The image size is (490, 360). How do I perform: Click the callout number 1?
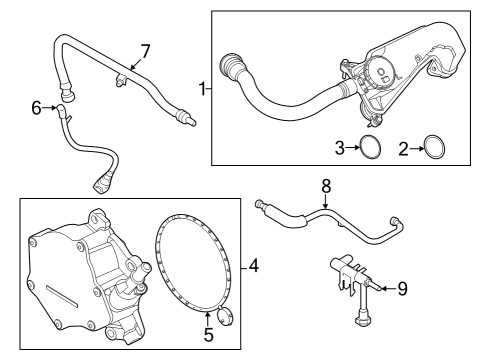pos(202,89)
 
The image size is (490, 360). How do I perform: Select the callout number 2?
pos(403,149)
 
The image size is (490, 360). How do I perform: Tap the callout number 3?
pos(340,148)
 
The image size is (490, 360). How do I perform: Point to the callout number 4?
pos(254,266)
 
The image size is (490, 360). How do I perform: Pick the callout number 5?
pos(208,335)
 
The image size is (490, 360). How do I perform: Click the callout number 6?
pos(36,108)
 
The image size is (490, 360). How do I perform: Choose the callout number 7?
pos(145,51)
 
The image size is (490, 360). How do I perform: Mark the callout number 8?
pos(326,186)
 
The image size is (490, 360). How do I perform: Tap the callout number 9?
pos(403,289)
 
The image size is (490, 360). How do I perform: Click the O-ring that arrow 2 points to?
pos(425,148)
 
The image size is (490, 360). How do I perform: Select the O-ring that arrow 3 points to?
pos(361,147)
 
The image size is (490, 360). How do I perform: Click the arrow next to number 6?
pos(49,108)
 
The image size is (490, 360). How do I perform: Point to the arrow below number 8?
pos(326,202)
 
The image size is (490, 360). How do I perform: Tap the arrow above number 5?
pos(208,319)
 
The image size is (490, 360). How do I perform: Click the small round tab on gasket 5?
pos(223,316)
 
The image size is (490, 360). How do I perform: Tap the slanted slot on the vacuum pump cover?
pos(61,296)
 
